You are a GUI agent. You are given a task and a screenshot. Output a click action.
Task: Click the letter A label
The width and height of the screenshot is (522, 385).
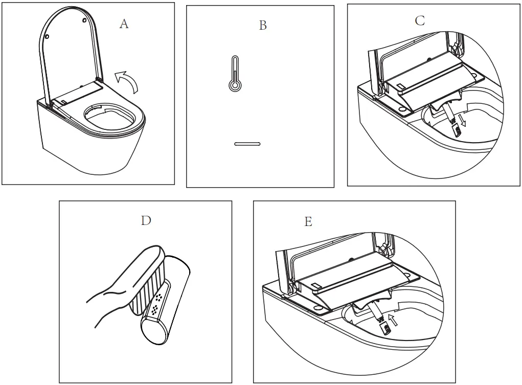124,24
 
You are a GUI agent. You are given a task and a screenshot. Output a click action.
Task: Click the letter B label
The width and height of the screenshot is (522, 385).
262,26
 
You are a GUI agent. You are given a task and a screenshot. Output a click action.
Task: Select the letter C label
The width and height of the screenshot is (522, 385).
419,20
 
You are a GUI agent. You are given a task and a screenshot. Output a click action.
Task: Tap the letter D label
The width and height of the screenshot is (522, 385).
146,220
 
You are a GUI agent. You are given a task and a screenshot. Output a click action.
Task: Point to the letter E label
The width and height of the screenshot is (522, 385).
308,221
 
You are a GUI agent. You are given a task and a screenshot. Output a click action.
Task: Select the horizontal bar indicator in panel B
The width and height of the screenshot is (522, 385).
247,144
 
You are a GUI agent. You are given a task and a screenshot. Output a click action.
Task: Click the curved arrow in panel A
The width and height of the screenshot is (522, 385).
127,82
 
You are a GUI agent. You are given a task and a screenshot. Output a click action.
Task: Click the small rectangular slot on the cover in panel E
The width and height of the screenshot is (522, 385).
314,285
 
